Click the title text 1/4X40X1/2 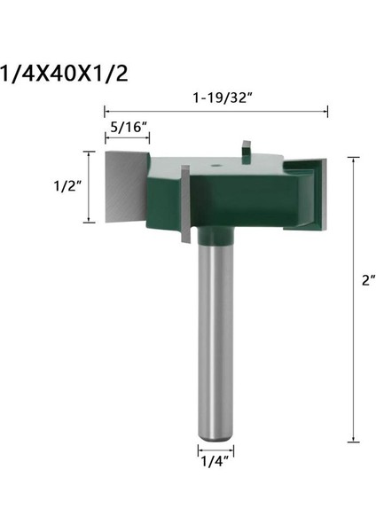point(64,73)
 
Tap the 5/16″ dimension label point(125,127)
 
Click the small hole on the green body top point(215,165)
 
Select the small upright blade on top point(247,147)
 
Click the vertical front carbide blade point(185,205)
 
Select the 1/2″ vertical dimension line point(88,186)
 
